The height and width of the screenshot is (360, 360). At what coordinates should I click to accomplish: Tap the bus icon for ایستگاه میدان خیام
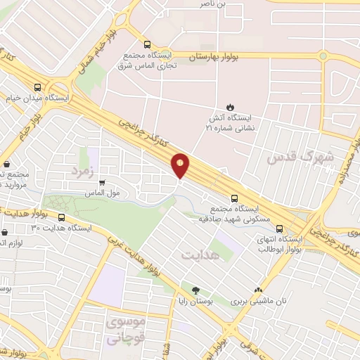[37, 87]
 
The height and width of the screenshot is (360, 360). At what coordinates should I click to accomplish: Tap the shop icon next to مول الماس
[103, 183]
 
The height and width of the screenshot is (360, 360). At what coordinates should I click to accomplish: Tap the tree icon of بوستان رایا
[195, 290]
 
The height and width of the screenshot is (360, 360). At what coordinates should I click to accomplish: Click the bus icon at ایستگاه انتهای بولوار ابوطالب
[281, 229]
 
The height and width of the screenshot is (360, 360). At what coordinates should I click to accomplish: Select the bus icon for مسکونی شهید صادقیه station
[235, 198]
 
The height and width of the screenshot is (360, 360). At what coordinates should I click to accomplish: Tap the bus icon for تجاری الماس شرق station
[146, 42]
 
